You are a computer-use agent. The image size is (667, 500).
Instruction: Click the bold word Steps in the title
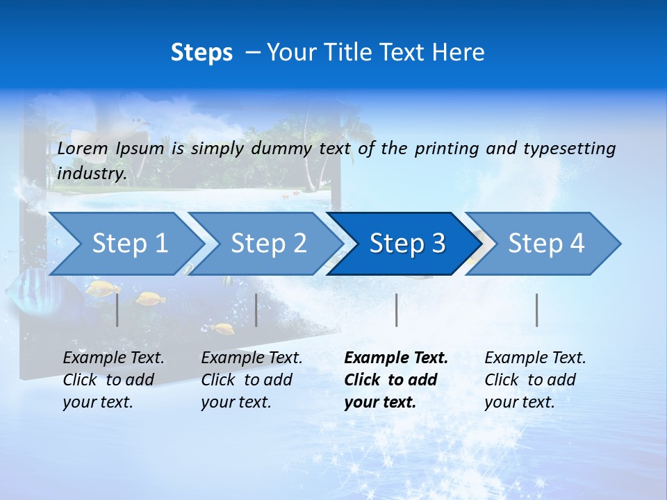(201, 53)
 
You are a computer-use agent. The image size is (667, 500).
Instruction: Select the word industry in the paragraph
(92, 173)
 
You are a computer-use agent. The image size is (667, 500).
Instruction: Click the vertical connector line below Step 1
(117, 310)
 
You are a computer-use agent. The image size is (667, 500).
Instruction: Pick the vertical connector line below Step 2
(256, 310)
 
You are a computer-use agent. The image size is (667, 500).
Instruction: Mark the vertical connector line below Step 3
(396, 310)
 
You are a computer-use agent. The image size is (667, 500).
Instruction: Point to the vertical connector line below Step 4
(536, 310)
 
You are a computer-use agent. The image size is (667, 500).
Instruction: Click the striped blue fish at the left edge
(31, 292)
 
